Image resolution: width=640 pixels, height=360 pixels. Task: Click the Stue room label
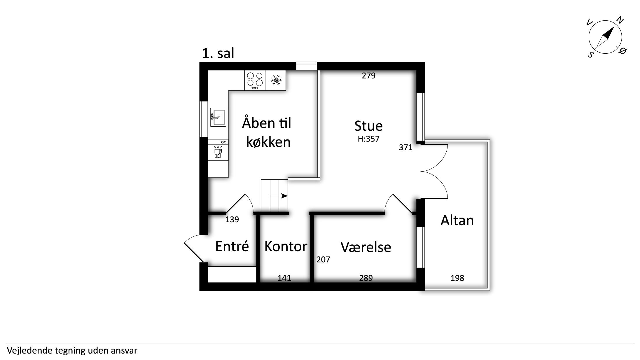368,126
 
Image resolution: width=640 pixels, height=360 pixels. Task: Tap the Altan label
457,220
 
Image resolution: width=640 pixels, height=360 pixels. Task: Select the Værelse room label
366,247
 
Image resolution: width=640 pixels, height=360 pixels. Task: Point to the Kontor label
286,247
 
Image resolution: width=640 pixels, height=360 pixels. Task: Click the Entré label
232,246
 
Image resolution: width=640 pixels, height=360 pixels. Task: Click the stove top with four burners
255,80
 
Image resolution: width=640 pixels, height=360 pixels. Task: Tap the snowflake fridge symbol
276,80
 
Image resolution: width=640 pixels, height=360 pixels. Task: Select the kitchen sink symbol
218,117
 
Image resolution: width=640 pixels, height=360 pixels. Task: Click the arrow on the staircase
279,196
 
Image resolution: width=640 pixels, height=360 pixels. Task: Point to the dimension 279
368,76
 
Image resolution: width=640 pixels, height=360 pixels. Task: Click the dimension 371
405,148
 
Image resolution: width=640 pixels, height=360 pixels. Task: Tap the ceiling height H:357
368,139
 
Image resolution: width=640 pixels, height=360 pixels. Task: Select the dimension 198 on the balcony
457,278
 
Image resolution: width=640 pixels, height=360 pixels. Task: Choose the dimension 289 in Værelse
366,278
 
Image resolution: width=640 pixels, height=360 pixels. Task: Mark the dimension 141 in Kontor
284,278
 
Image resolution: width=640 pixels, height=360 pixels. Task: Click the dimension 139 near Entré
232,219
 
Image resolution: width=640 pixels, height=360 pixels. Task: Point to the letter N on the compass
620,20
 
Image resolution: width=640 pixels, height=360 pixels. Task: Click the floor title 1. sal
218,53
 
